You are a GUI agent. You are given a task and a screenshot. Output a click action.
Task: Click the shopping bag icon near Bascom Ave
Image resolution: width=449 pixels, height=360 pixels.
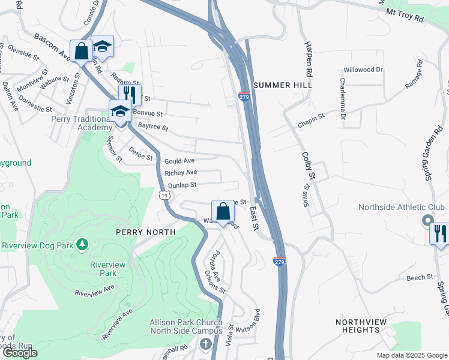(x=81, y=50)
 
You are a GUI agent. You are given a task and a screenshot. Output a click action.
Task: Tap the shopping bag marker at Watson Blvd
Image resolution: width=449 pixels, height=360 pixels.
(x=223, y=211)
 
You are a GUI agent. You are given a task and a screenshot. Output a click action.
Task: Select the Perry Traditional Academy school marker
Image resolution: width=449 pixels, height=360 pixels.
(x=120, y=111)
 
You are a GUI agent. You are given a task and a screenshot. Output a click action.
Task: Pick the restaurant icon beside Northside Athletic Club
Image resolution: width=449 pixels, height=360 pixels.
(x=440, y=233)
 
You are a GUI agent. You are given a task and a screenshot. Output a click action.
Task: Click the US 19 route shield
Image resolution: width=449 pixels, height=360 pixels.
(x=163, y=195)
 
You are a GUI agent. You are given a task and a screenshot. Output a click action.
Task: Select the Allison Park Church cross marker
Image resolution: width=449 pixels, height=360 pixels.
(x=206, y=344)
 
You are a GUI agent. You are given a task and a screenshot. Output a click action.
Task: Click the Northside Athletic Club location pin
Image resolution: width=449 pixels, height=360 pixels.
(x=427, y=221)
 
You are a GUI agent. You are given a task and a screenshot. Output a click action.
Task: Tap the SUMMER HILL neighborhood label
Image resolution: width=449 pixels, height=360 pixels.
(x=283, y=86)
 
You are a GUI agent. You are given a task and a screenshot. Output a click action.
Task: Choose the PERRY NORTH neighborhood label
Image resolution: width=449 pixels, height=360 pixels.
(x=147, y=232)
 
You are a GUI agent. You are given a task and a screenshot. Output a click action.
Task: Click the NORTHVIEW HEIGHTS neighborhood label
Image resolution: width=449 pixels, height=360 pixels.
(x=361, y=326)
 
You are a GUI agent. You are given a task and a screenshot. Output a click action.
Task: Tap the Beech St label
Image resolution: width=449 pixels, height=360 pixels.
(x=420, y=277)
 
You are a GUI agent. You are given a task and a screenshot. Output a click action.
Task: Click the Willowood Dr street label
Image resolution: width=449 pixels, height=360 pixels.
(x=363, y=70)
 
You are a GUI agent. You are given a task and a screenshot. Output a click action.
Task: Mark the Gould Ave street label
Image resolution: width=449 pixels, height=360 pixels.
(x=179, y=161)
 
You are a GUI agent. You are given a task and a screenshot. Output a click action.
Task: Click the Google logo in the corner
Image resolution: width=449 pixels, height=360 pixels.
(x=20, y=353)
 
